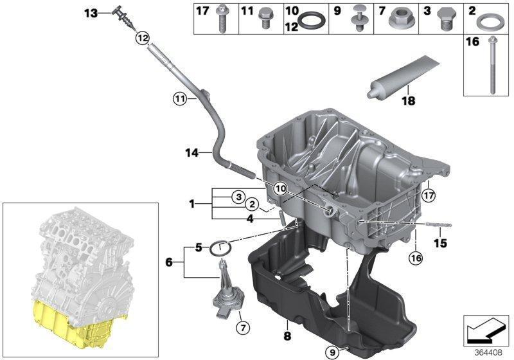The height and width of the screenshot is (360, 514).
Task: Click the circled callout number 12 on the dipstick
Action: pos(143,39)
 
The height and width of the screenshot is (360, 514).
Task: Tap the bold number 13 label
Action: pos(91,14)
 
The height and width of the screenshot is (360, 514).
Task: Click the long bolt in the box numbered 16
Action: pos(492,65)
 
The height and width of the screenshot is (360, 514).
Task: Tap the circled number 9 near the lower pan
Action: pos(333,352)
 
